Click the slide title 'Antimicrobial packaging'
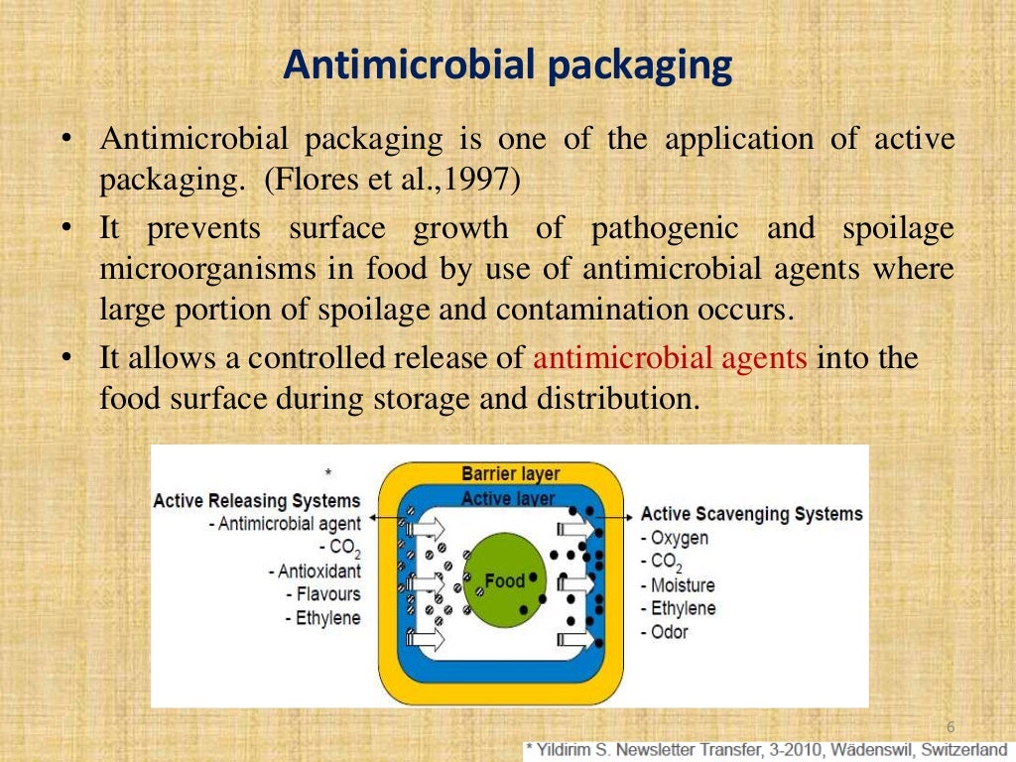tap(507, 66)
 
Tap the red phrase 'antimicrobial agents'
tap(671, 358)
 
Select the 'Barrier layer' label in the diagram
tap(511, 474)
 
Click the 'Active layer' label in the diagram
tap(508, 498)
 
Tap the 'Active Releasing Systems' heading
tap(256, 501)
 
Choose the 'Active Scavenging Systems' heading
tap(751, 514)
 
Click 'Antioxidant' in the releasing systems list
tap(318, 571)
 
